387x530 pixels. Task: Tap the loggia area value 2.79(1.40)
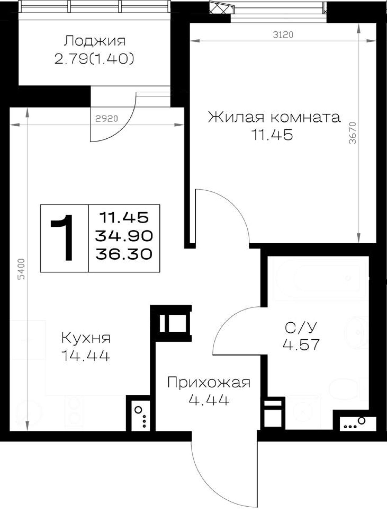(x=94, y=59)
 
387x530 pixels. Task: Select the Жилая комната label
(x=274, y=117)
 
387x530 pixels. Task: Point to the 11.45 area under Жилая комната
(x=272, y=135)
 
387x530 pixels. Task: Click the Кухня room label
(x=86, y=338)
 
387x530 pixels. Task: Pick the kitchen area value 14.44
(x=86, y=356)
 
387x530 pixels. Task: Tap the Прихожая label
(x=209, y=383)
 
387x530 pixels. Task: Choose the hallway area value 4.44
(x=209, y=400)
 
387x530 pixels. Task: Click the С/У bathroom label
(x=301, y=328)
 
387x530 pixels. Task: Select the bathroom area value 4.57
(x=301, y=345)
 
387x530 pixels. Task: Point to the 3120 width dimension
(x=283, y=35)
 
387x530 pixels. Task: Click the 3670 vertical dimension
(x=353, y=133)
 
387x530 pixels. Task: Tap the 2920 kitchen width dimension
(x=106, y=118)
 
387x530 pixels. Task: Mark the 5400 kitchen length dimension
(x=21, y=269)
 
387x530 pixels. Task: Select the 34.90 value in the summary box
(x=124, y=236)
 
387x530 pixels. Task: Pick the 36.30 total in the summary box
(x=124, y=254)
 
